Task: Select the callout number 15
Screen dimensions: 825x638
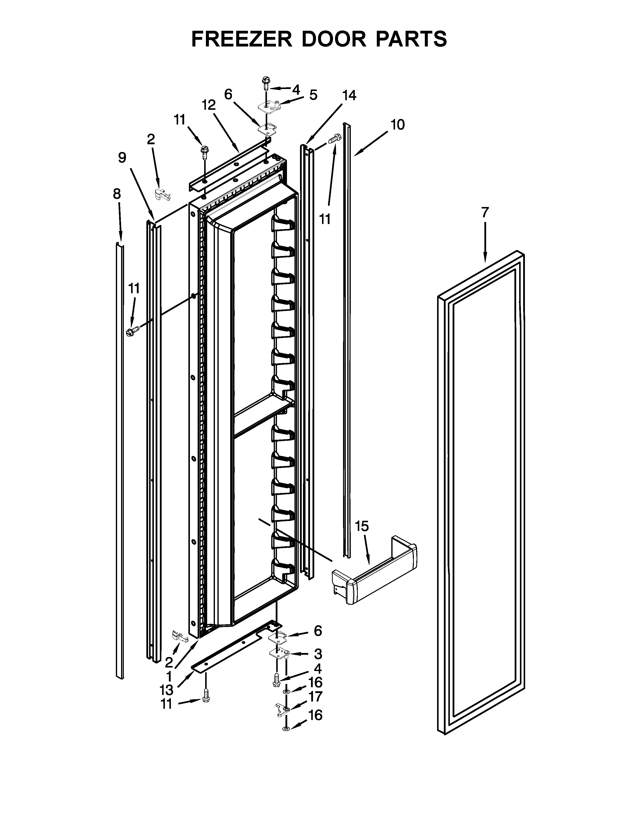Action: [362, 526]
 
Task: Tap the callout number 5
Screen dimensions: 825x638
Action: [313, 95]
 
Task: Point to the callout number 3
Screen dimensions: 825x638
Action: [318, 653]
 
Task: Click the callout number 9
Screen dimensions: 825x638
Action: [122, 157]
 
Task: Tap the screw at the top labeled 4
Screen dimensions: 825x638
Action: [265, 83]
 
